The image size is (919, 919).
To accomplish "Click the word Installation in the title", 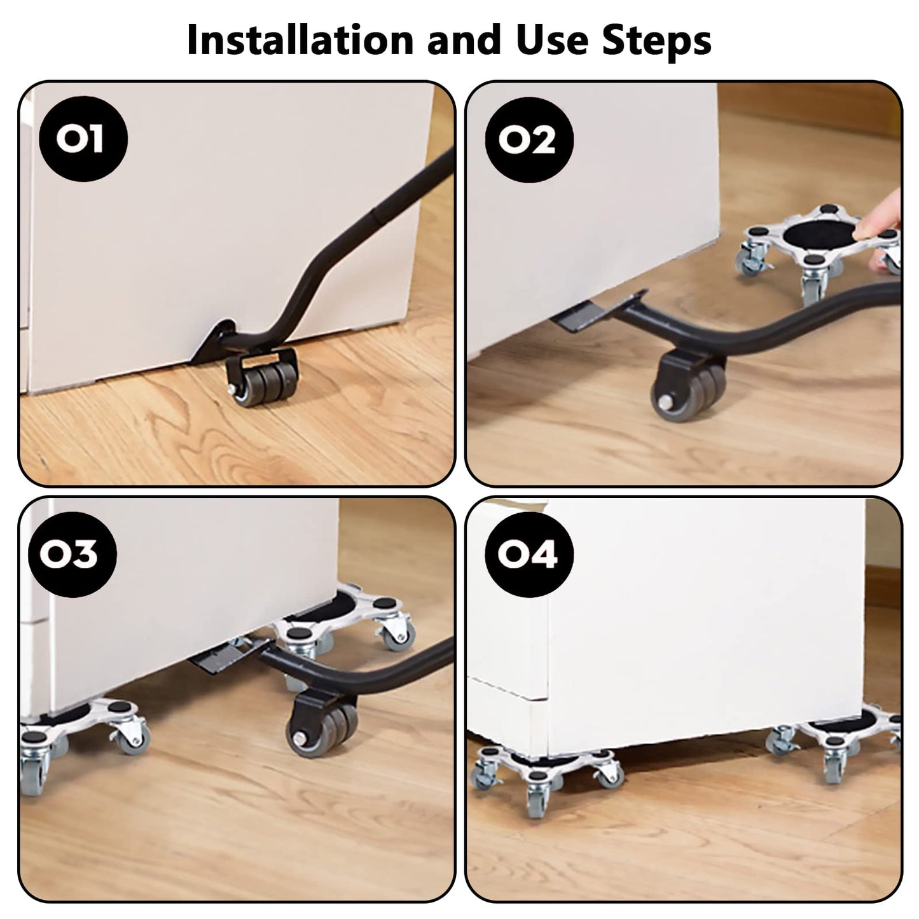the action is pyautogui.click(x=300, y=40).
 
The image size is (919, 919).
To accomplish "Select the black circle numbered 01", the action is pyautogui.click(x=83, y=139).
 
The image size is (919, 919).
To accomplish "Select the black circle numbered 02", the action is pyautogui.click(x=529, y=140).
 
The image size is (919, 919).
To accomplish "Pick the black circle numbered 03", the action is pyautogui.click(x=73, y=555).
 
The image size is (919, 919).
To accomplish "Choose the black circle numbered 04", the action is pyautogui.click(x=529, y=554).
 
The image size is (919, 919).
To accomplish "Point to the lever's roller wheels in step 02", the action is pyautogui.click(x=688, y=388).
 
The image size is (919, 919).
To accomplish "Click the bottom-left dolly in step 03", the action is pyautogui.click(x=81, y=735).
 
